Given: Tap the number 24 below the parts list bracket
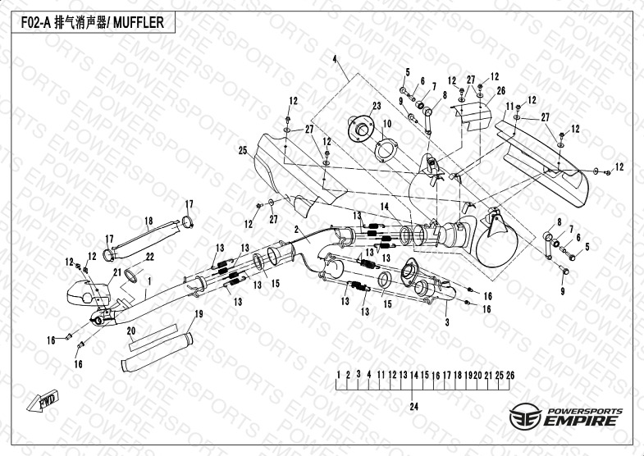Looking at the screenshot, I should (414, 406).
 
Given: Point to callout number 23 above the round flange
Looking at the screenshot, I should (377, 107).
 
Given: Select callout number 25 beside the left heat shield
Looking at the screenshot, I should (243, 150).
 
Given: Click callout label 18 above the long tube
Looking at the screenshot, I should (149, 221).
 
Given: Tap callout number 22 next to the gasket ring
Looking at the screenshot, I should (149, 257).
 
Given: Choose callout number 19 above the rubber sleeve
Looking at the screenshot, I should (198, 315).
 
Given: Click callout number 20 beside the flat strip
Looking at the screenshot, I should (131, 331).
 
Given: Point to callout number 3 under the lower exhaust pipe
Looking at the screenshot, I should (447, 323).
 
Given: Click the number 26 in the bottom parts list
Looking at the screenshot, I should (510, 375).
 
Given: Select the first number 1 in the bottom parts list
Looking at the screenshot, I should (339, 375).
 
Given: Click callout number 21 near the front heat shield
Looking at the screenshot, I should (117, 271).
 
